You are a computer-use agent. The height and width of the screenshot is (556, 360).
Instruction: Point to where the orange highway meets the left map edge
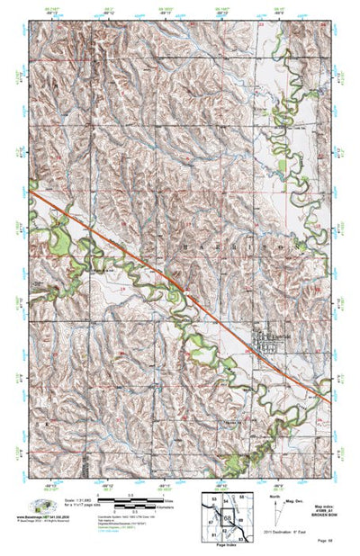coord(30,190)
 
